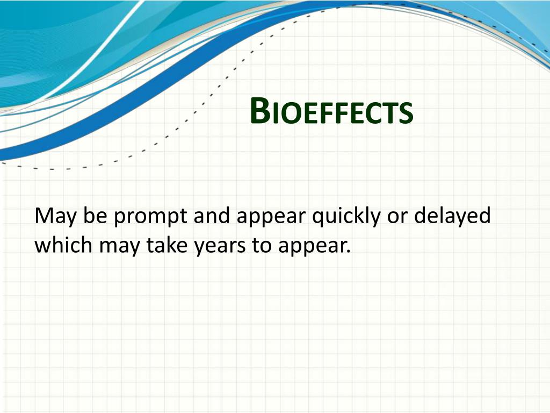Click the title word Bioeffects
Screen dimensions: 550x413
(331, 111)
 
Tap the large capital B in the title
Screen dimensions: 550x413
(260, 111)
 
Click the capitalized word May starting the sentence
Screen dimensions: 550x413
(55, 216)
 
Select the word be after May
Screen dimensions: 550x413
(95, 215)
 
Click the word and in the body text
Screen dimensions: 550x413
(212, 215)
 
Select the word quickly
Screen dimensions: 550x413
(346, 216)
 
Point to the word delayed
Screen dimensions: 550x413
(452, 216)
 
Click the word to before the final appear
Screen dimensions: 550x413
(262, 245)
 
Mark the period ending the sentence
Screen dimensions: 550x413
(348, 252)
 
